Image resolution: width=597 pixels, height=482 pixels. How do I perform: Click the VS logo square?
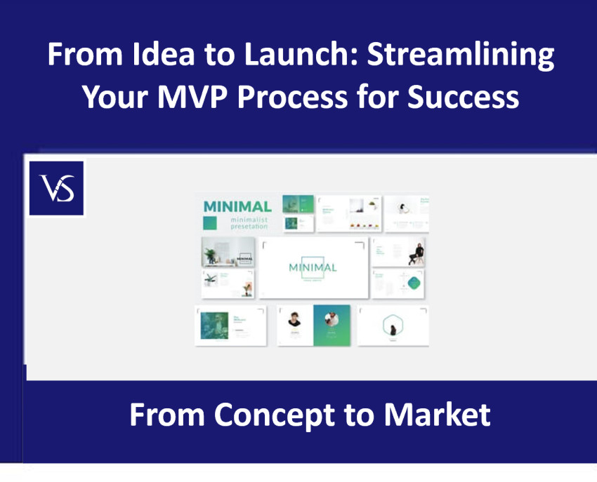pyautogui.click(x=56, y=188)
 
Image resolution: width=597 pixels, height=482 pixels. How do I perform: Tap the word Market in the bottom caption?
pyautogui.click(x=436, y=415)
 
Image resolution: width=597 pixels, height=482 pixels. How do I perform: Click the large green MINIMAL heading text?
pyautogui.click(x=237, y=207)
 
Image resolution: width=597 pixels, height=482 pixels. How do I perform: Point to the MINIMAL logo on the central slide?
pyautogui.click(x=313, y=267)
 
